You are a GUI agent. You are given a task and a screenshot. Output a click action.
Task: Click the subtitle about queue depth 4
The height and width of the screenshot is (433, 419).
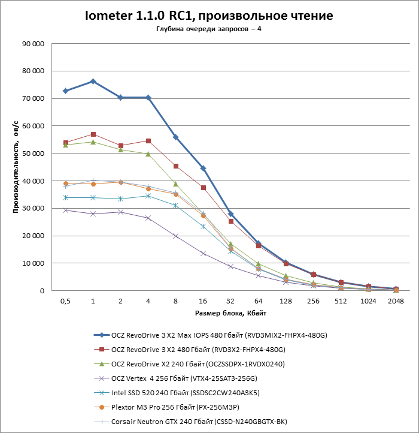click(x=209, y=29)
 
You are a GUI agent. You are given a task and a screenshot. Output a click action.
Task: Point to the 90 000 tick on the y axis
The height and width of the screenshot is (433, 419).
click(x=33, y=44)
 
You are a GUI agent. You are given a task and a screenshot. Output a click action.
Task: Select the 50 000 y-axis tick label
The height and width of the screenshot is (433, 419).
click(x=33, y=154)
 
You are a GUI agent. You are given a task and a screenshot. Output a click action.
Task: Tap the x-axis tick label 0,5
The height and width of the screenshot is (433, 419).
click(x=65, y=301)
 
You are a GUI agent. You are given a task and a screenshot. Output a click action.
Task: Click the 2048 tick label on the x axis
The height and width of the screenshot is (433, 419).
click(x=396, y=301)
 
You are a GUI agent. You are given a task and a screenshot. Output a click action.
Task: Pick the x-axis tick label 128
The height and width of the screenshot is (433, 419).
click(x=286, y=301)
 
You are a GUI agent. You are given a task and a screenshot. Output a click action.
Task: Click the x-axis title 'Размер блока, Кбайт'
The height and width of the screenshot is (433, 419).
click(x=230, y=313)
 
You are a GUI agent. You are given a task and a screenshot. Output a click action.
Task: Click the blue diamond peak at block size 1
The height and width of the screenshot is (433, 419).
click(x=93, y=82)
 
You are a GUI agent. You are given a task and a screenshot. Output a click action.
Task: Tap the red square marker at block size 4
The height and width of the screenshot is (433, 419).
click(x=148, y=141)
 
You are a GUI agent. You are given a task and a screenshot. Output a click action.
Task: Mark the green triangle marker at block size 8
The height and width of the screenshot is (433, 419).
click(x=176, y=184)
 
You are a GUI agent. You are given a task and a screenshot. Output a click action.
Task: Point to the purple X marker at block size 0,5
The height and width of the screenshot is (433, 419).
click(x=66, y=211)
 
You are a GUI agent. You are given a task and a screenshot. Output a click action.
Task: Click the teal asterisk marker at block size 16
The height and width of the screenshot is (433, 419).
click(x=203, y=227)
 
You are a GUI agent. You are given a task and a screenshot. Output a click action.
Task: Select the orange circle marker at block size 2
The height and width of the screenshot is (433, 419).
click(x=121, y=182)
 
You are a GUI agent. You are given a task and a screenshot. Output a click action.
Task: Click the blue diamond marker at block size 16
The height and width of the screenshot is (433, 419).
click(x=203, y=169)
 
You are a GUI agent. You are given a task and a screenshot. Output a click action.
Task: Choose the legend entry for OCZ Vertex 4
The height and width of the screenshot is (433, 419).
click(x=175, y=378)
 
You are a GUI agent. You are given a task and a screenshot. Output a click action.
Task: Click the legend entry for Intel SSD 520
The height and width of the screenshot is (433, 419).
click(x=177, y=393)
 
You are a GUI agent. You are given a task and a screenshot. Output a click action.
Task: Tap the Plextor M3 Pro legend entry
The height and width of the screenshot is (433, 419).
click(x=166, y=407)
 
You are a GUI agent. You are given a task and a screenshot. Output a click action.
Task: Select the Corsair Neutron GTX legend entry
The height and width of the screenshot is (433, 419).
click(x=190, y=422)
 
